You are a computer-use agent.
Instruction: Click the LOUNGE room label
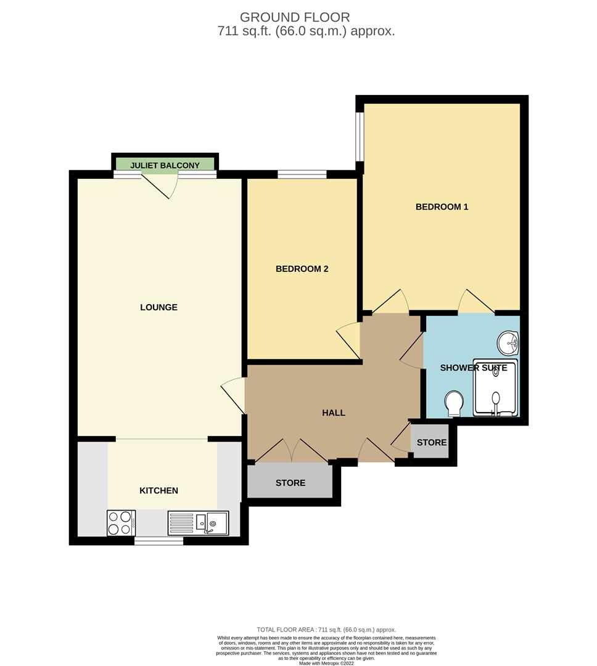click(x=159, y=307)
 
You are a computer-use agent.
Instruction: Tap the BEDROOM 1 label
click(x=442, y=207)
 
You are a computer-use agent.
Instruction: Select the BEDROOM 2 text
click(x=302, y=269)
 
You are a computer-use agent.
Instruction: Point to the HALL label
click(x=333, y=413)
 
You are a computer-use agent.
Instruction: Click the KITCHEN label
click(x=159, y=491)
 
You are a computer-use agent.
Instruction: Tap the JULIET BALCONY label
click(x=164, y=165)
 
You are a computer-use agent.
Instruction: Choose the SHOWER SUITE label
click(x=473, y=368)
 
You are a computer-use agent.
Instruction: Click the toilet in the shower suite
click(x=455, y=403)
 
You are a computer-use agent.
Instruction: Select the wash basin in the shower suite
click(x=508, y=343)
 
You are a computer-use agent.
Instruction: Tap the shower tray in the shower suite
click(x=495, y=388)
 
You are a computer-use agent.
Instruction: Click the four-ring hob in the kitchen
click(x=121, y=523)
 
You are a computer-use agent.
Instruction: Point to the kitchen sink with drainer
click(x=198, y=523)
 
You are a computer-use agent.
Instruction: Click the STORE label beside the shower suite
click(x=431, y=443)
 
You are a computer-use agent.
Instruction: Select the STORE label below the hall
click(x=290, y=483)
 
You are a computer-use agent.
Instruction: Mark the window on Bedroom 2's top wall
click(x=302, y=175)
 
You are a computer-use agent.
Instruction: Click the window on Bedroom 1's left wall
click(x=360, y=136)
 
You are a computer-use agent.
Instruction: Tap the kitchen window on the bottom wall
click(x=159, y=541)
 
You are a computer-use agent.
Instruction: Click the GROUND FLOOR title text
click(x=294, y=17)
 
